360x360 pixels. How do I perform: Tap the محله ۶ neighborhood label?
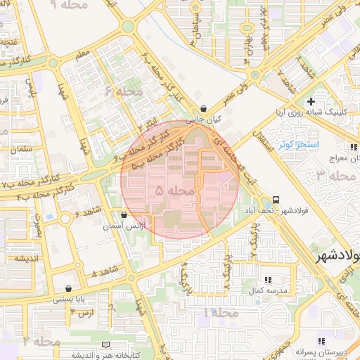(x=124, y=91)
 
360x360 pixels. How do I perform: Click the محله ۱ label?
(x=221, y=311)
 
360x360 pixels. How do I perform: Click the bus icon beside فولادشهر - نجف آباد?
(x=276, y=200)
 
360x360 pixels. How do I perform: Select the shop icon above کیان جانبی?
(x=204, y=109)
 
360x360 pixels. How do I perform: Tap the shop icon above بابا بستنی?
(x=67, y=288)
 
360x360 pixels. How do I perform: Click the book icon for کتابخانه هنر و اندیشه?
(x=106, y=345)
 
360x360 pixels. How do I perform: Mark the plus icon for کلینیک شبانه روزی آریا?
(x=310, y=102)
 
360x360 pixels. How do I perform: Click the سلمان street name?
(x=22, y=150)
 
